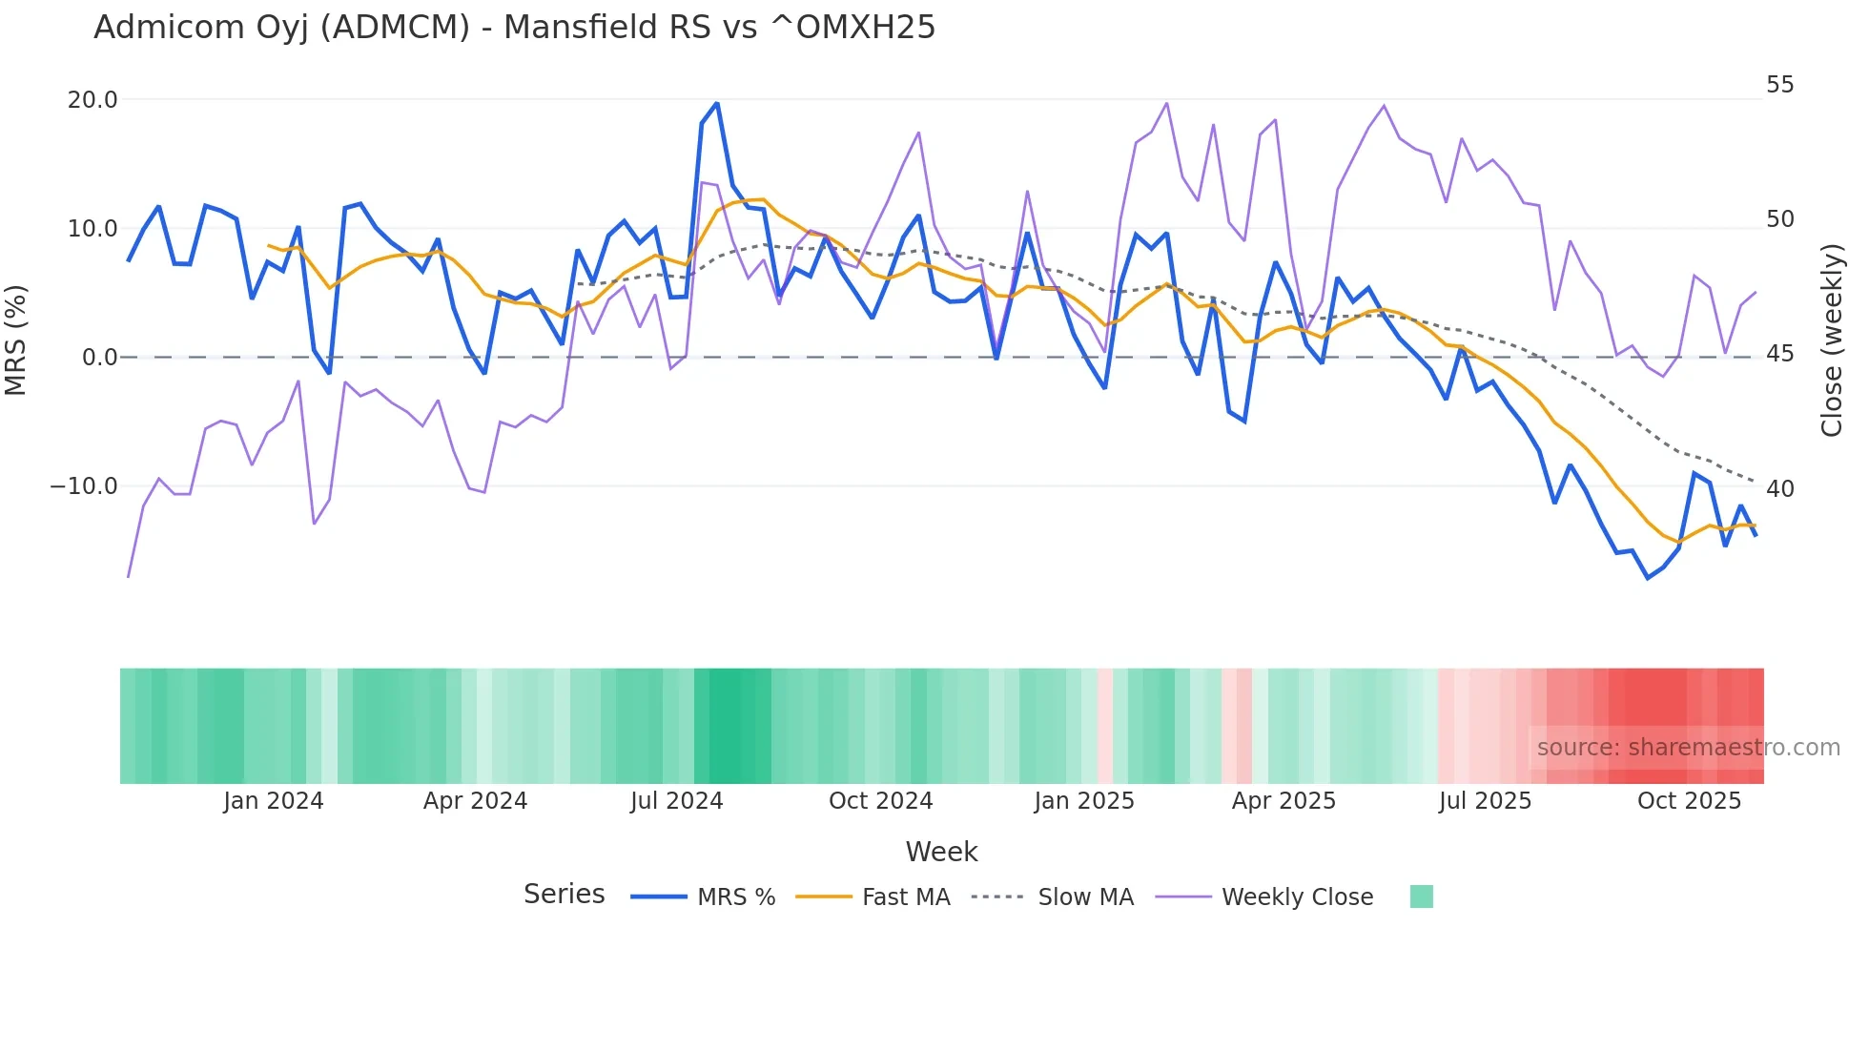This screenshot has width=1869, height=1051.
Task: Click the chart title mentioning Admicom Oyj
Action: (514, 28)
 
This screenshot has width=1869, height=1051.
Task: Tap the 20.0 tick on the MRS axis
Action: (92, 100)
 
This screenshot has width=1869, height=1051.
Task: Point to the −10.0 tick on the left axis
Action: (84, 486)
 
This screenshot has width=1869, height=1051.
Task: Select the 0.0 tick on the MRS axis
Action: (99, 358)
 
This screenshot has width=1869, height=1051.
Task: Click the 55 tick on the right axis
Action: (1779, 85)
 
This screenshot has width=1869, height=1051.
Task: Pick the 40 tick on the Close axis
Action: (1779, 489)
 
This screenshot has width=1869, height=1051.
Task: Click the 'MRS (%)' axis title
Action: (16, 340)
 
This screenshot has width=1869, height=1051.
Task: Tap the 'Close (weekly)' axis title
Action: (1831, 340)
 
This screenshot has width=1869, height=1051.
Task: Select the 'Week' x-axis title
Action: (941, 852)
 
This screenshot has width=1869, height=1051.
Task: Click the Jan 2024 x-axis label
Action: (274, 801)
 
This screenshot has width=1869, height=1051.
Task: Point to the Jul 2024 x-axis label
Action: (677, 801)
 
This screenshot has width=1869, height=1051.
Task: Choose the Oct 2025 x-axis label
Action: (1689, 801)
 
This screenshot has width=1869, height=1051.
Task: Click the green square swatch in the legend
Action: (1421, 896)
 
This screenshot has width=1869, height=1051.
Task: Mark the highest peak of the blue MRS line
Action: (717, 103)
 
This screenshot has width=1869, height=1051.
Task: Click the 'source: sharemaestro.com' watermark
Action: (1688, 748)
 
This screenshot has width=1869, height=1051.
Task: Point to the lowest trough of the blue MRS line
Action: (1648, 578)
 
